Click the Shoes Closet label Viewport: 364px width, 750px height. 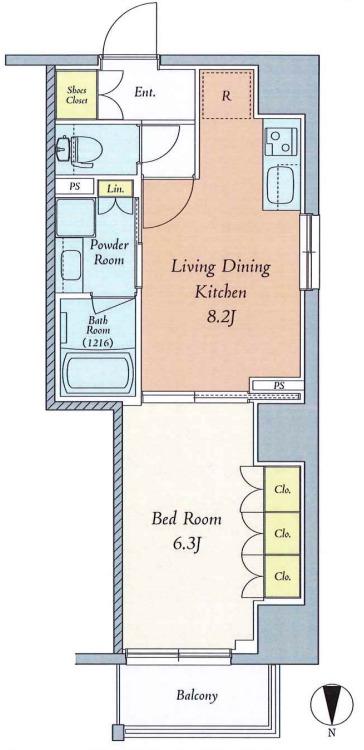[x=77, y=95]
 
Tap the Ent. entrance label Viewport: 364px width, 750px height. [x=144, y=92]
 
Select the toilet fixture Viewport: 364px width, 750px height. [x=79, y=150]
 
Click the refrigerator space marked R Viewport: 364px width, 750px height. [x=227, y=95]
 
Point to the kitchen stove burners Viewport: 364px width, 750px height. [x=281, y=143]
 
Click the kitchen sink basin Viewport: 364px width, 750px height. [x=281, y=185]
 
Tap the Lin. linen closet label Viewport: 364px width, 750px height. [x=116, y=189]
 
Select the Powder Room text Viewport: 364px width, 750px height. [x=110, y=253]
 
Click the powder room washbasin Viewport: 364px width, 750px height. [x=71, y=265]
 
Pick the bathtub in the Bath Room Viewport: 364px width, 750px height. [x=98, y=373]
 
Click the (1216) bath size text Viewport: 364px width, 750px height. [x=98, y=343]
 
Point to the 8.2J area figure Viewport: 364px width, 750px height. [x=220, y=318]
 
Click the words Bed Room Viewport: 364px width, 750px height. [x=187, y=519]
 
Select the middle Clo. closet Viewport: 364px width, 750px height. [x=282, y=533]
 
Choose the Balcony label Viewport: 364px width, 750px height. [x=197, y=695]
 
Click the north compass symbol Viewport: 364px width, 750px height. [x=331, y=705]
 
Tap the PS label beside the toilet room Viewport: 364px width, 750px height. [x=74, y=187]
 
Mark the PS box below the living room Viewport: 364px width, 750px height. [x=277, y=385]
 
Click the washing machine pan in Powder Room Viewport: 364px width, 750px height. [x=76, y=218]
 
